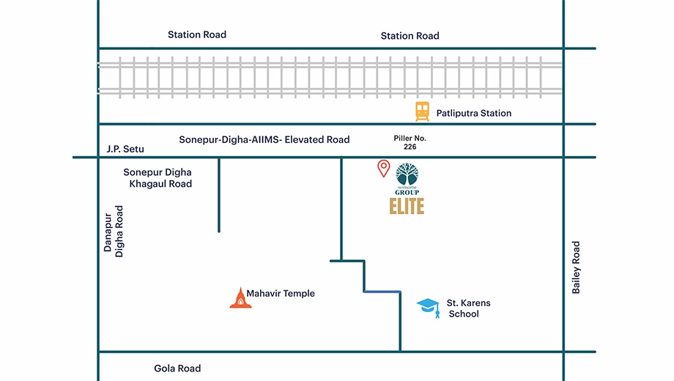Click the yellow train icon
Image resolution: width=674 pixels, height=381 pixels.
422,111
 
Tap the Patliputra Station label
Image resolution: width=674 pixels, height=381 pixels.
474,113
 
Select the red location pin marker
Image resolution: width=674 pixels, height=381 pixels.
383,168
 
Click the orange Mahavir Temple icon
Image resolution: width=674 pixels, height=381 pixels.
241,298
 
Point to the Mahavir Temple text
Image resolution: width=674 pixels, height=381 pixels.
281,293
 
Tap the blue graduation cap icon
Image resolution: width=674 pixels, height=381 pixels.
428,308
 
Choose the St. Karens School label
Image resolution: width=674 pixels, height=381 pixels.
468,308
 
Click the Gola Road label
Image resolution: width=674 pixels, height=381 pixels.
177,369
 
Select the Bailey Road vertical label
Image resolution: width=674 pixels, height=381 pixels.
576,267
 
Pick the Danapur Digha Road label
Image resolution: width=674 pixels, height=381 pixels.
114,232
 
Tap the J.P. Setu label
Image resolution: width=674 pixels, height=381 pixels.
125,149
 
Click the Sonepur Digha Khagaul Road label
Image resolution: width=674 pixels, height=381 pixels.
158,178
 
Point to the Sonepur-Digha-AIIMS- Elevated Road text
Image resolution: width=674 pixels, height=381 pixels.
264,140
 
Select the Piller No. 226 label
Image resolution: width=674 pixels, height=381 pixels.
410,142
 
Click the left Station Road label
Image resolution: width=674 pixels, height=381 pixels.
197,34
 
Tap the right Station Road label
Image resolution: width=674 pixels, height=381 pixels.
410,36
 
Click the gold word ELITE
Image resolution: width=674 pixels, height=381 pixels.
407,206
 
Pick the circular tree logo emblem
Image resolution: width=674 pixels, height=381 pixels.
407,174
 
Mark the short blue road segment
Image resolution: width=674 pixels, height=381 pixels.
382,292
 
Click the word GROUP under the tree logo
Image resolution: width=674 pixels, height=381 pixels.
407,192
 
